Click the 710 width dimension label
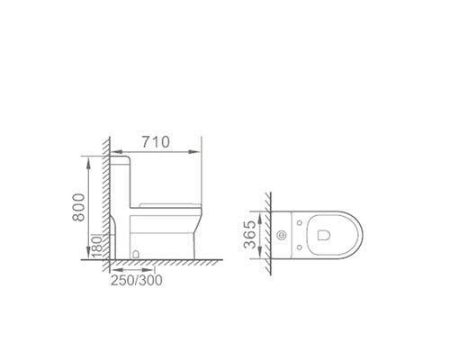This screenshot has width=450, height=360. tap(156, 142)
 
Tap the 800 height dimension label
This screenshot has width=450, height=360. tap(79, 207)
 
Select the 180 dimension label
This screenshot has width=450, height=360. tap(97, 247)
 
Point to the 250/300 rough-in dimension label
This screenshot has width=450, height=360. tap(137, 281)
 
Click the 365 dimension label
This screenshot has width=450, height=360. tap(250, 235)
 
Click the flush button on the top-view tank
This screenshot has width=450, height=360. tap(282, 236)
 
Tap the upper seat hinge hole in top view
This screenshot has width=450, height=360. tap(300, 223)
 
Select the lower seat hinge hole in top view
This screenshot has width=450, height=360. tap(300, 247)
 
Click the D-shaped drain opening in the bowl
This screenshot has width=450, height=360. tap(323, 235)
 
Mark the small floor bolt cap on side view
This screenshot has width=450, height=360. tap(136, 255)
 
